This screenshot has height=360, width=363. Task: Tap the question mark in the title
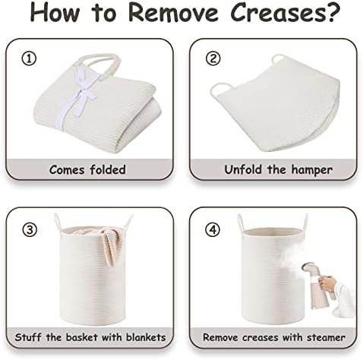click(333, 12)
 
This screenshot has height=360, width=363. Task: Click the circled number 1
click(29, 58)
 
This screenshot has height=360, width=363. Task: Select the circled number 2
click(213, 58)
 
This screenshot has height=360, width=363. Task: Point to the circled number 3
click(30, 230)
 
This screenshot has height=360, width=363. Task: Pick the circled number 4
click(213, 230)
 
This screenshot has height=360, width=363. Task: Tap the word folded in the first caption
click(108, 169)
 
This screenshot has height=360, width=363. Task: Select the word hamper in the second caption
click(311, 170)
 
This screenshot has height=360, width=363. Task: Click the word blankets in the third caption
click(146, 337)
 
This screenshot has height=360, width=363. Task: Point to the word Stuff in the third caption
click(28, 337)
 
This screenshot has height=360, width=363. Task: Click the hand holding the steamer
click(327, 284)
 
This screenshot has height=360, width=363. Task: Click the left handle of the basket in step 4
click(241, 223)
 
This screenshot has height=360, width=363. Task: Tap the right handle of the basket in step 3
click(128, 222)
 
